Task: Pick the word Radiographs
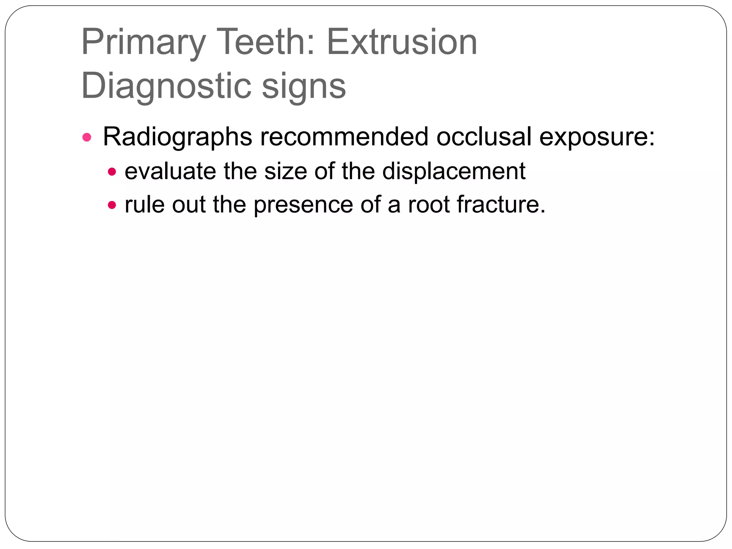[x=177, y=137]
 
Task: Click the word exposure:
[x=597, y=137]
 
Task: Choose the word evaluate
[x=170, y=171]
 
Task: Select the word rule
[x=144, y=204]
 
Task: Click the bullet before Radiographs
[x=87, y=137]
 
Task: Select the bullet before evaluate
[x=112, y=172]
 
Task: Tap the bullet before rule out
[x=112, y=205]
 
